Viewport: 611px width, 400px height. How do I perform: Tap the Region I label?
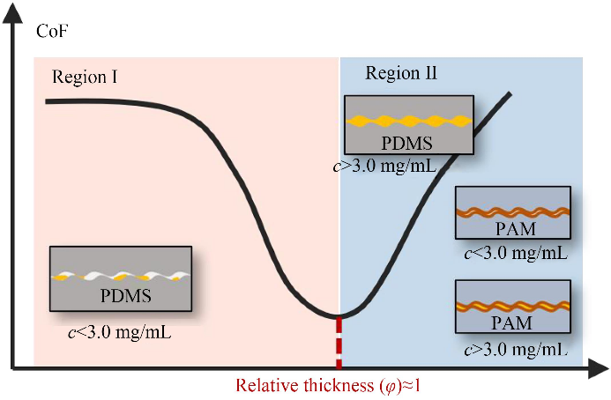tap(86, 77)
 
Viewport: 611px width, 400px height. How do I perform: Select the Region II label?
tap(401, 73)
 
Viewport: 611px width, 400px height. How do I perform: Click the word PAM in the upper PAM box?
tap(512, 230)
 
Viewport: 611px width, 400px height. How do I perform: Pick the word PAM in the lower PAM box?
tap(512, 323)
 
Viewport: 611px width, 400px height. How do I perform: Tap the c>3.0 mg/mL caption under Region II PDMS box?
tap(384, 165)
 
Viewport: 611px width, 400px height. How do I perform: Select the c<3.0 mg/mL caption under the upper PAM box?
tap(514, 254)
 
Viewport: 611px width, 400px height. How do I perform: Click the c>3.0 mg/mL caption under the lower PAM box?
tap(514, 350)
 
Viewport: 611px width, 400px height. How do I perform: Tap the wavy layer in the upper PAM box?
tap(512, 211)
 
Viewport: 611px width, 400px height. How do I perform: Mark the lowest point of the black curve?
tap(338, 315)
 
